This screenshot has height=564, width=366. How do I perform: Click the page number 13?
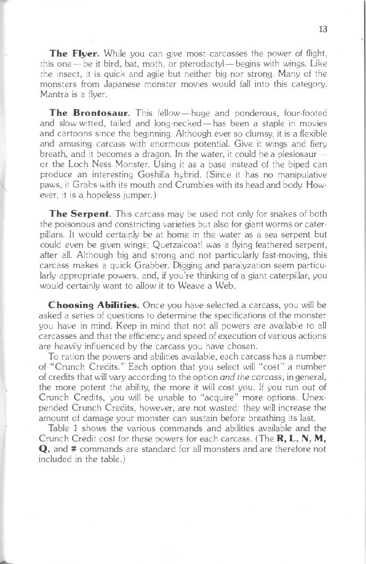pyautogui.click(x=322, y=29)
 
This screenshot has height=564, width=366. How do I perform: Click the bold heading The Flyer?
pyautogui.click(x=74, y=53)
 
